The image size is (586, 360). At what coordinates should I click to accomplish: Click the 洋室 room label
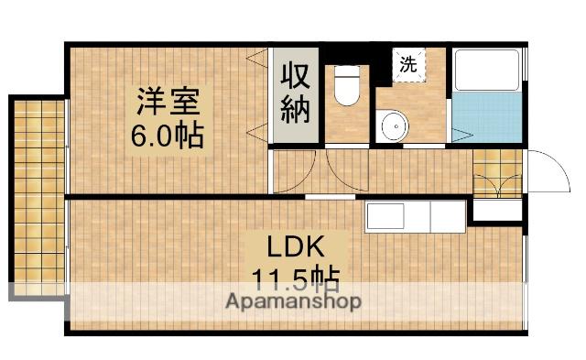pos(168,99)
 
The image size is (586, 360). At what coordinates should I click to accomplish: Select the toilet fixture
pos(346,87)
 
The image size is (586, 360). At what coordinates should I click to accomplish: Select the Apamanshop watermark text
pos(294,301)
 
